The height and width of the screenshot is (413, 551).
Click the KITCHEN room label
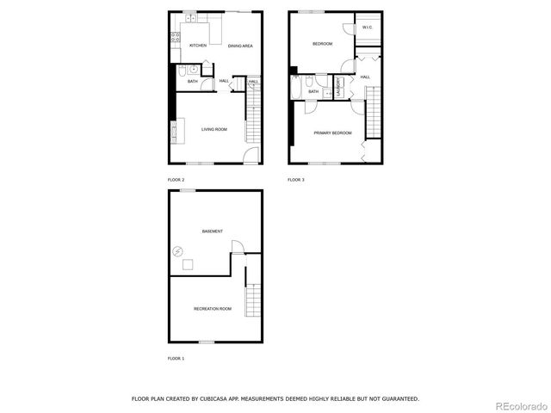coord(198,46)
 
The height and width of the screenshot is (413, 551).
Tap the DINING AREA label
coord(240,46)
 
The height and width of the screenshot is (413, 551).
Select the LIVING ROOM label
coord(214,130)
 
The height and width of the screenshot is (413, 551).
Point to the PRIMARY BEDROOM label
coord(332,133)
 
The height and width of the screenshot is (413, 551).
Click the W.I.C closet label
coord(367,28)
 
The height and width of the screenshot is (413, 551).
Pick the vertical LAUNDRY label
coord(339,89)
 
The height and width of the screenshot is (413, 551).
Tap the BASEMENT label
coord(213,231)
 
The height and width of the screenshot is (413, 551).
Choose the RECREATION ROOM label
coord(213,308)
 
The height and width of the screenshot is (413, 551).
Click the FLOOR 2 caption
coord(176,180)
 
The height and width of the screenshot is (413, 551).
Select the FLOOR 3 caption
coord(295,180)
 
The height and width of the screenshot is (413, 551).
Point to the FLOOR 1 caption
coord(176,358)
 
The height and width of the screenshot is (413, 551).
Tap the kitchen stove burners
coord(174,38)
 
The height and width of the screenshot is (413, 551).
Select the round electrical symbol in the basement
coord(177,251)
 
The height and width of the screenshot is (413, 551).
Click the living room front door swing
coord(250,156)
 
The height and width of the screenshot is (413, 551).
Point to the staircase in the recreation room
coord(252,301)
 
